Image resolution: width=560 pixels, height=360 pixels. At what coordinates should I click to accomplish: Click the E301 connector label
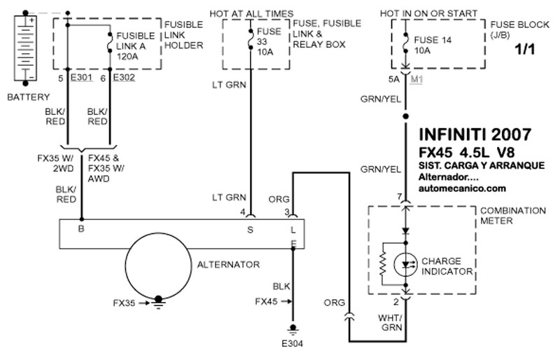pyautogui.click(x=82, y=78)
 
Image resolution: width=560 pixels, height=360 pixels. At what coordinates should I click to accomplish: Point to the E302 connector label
pyautogui.click(x=124, y=78)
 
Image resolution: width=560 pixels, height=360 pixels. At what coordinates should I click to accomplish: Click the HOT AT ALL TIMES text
pyautogui.click(x=251, y=13)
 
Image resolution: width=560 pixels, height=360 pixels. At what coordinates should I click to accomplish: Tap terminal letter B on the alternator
pyautogui.click(x=82, y=228)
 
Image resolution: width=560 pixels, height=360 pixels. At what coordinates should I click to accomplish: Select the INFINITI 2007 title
pyautogui.click(x=474, y=134)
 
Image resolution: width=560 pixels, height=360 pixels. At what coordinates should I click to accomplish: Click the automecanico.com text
pyautogui.click(x=461, y=188)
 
